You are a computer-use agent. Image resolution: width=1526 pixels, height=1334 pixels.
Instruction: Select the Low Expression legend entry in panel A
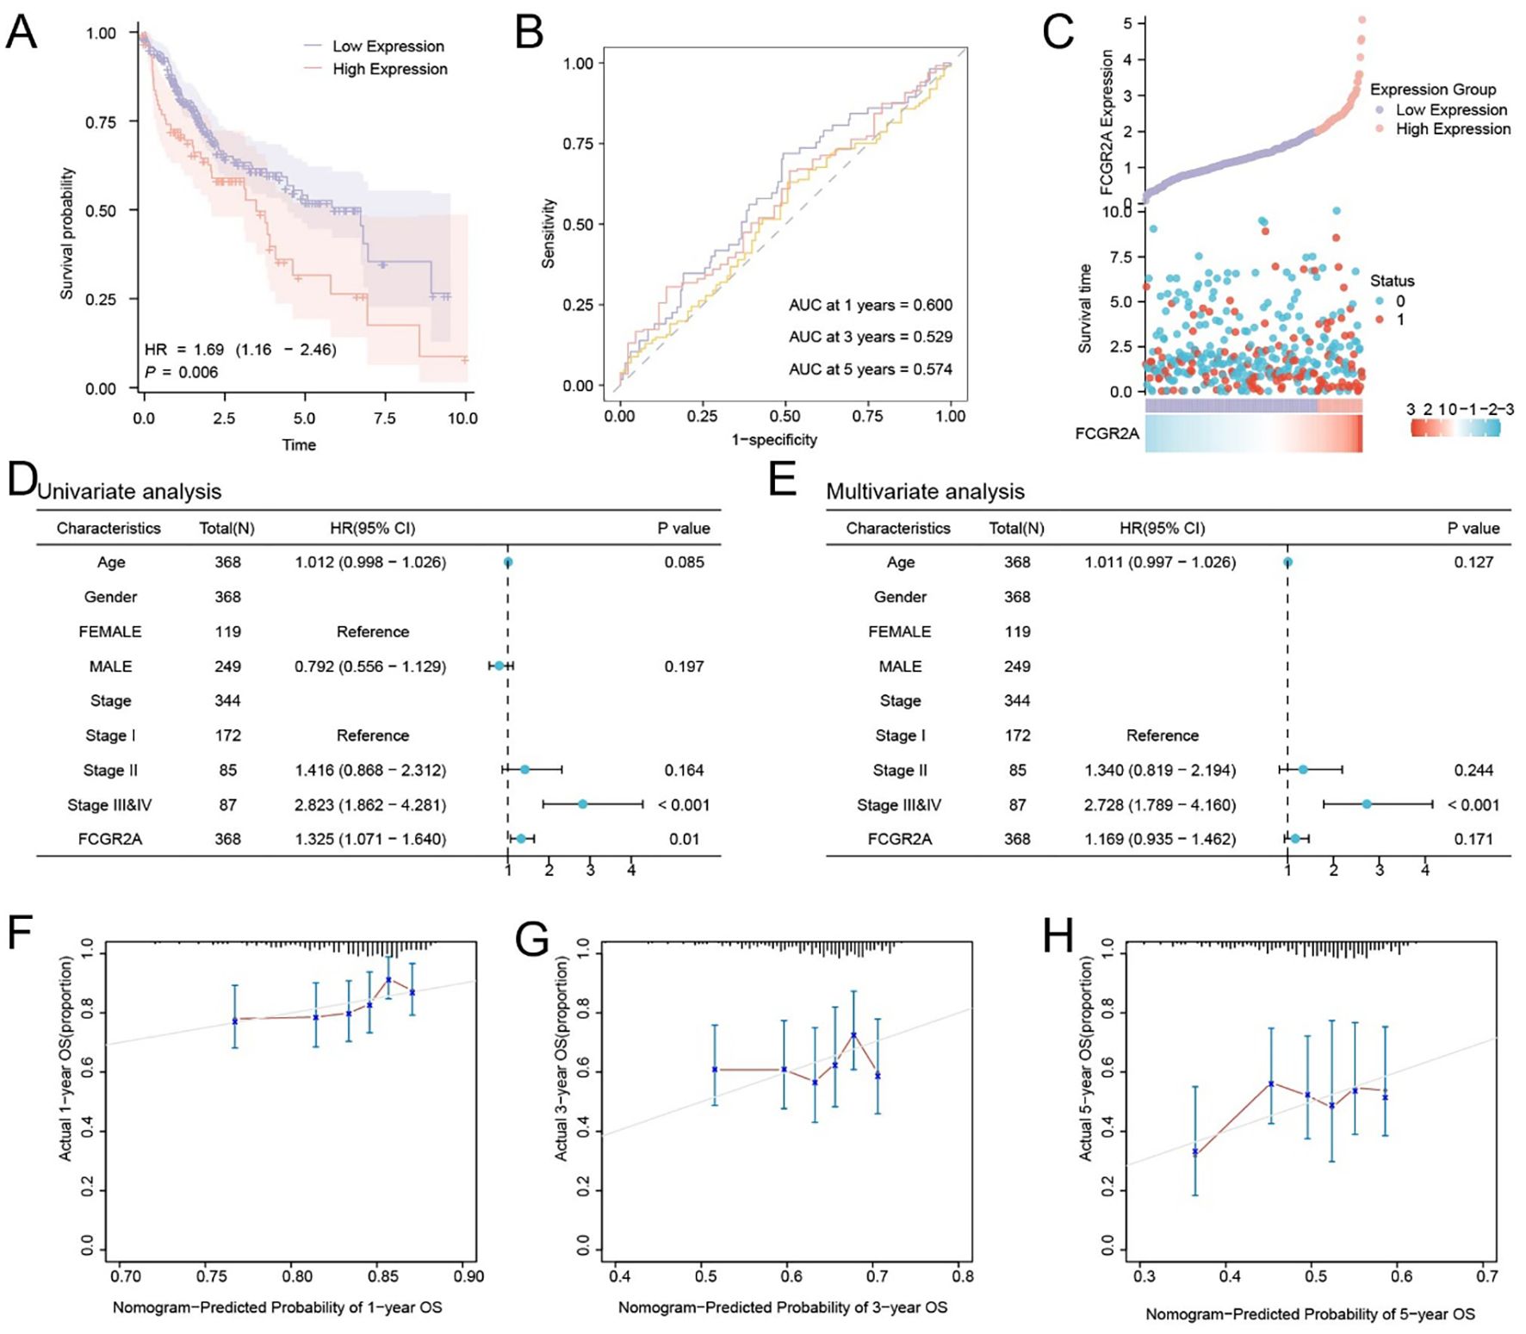click(388, 47)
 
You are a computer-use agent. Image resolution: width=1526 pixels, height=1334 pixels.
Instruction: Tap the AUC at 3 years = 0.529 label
click(870, 337)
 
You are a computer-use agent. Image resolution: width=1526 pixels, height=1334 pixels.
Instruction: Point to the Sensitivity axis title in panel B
click(548, 233)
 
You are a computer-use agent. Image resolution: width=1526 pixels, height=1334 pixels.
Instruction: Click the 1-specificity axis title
click(774, 440)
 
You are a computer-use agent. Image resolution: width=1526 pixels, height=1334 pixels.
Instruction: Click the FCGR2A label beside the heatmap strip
click(1107, 433)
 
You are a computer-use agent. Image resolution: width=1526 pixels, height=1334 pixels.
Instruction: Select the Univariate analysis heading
click(129, 492)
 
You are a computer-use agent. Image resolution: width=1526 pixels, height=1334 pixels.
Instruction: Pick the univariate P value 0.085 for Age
click(684, 562)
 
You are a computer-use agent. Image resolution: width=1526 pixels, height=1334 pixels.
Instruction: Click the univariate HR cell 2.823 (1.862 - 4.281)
click(370, 805)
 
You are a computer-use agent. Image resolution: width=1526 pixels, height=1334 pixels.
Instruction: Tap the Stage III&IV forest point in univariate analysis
click(583, 804)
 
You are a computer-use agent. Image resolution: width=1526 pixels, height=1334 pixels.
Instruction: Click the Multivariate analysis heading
click(925, 492)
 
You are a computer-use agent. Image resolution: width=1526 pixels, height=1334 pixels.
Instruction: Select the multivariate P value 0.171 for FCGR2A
click(1473, 840)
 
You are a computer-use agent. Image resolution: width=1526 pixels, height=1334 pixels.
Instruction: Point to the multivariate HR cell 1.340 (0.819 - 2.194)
click(1160, 771)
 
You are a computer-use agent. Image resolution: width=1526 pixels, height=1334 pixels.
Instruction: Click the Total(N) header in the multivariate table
click(1016, 529)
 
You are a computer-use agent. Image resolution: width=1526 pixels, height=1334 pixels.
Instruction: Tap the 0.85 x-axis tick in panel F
click(383, 1276)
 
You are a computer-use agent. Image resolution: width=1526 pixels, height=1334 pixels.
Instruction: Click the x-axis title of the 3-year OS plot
click(782, 1308)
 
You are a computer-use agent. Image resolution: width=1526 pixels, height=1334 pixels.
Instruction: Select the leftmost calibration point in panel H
click(1195, 1151)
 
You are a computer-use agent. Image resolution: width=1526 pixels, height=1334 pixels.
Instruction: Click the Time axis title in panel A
click(299, 445)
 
